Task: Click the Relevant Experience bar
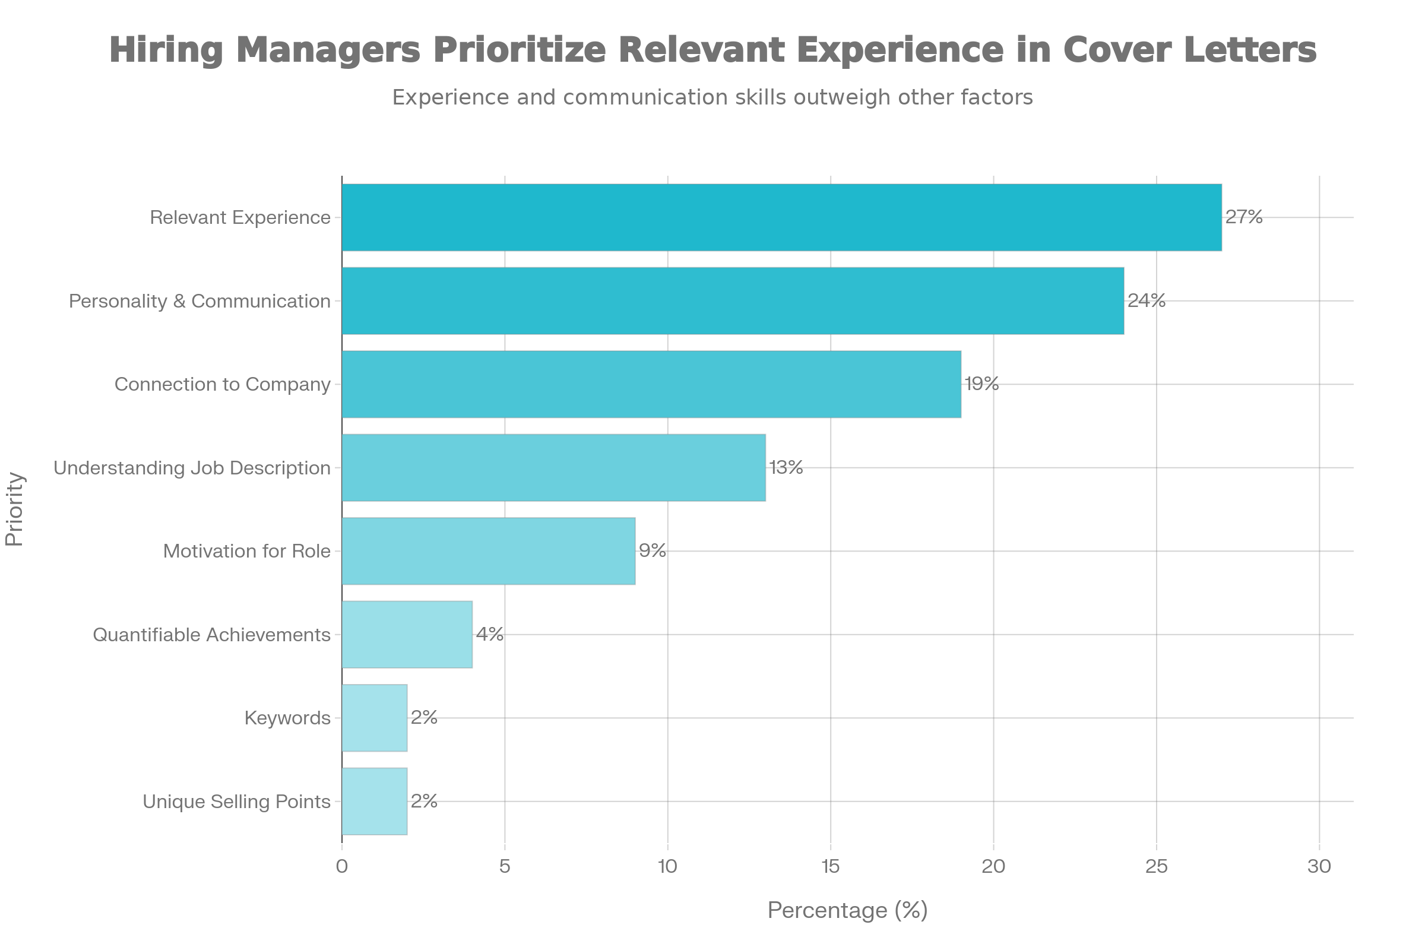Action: click(781, 217)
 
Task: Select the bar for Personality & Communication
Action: click(733, 300)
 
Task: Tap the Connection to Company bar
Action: click(651, 384)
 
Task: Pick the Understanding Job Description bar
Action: click(554, 468)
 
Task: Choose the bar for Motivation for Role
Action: click(488, 551)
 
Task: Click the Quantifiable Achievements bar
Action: click(407, 634)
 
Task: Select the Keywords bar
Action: click(375, 718)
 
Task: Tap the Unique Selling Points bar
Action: click(375, 802)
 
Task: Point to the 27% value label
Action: click(1244, 217)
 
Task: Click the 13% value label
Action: click(786, 468)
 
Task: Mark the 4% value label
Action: click(489, 634)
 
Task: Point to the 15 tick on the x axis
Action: click(830, 867)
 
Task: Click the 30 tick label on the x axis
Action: click(1319, 867)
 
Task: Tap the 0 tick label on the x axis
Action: click(342, 867)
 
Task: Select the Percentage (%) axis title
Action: click(847, 910)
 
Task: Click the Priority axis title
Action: click(14, 509)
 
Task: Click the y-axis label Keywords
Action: click(288, 718)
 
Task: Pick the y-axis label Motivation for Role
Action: click(247, 552)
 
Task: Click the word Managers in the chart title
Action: click(328, 50)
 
